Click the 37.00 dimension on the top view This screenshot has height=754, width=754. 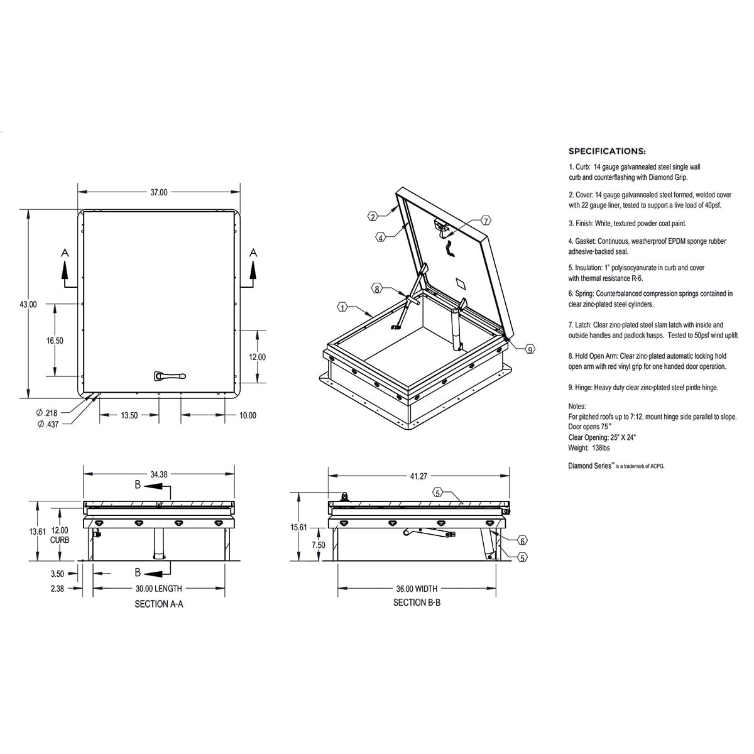158,192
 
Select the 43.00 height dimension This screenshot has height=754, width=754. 28,305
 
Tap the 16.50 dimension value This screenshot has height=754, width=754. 55,341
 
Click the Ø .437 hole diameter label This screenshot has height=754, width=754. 48,425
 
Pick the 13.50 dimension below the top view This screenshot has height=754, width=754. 129,415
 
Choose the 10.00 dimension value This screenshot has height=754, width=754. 248,415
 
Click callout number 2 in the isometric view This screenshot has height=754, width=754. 373,217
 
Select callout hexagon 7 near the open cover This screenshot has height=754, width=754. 486,221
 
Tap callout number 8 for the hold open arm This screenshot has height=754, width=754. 377,289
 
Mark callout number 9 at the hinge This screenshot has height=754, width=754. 530,349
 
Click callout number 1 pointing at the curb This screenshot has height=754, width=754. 342,307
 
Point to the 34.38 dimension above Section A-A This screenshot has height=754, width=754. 159,475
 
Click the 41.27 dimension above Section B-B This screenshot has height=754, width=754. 419,477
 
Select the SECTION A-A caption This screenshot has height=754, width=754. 159,604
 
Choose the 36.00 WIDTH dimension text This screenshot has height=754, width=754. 416,589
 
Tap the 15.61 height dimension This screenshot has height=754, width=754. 298,528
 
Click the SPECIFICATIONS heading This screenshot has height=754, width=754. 607,151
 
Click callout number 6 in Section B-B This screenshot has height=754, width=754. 522,540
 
